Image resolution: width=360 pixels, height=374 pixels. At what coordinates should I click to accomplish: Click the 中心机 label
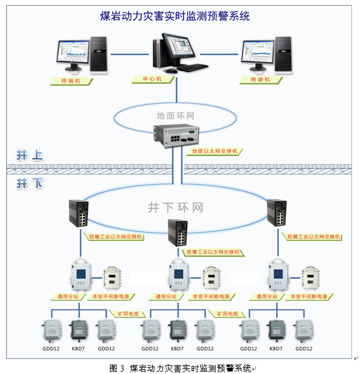click(x=153, y=79)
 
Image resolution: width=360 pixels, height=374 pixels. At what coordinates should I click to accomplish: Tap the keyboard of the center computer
click(x=192, y=67)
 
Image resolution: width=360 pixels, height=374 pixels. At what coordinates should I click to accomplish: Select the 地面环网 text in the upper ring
click(x=176, y=116)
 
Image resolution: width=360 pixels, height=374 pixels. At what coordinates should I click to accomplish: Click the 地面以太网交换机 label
click(x=215, y=151)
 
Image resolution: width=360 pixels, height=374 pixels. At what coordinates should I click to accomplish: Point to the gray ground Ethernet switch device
click(x=176, y=136)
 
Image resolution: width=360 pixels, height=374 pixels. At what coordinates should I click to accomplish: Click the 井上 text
click(x=30, y=156)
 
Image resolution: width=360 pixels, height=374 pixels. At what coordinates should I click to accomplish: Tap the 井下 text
click(x=30, y=184)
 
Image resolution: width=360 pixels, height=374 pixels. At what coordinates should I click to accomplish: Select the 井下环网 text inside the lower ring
click(x=176, y=207)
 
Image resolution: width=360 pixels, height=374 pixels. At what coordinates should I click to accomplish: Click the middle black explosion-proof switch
click(x=178, y=233)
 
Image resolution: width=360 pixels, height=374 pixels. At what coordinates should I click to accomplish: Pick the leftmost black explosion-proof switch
click(x=78, y=213)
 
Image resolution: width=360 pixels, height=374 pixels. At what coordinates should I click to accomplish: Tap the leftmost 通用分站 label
click(x=68, y=297)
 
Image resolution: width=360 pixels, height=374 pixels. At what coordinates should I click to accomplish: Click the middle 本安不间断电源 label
click(x=211, y=297)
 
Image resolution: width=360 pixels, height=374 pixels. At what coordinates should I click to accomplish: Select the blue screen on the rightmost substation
click(x=278, y=274)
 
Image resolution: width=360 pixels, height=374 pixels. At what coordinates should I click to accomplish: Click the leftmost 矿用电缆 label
click(x=128, y=314)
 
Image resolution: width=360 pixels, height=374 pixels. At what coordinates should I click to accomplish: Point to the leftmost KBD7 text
click(x=78, y=348)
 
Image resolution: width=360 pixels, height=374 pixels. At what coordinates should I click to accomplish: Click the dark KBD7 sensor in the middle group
click(x=178, y=330)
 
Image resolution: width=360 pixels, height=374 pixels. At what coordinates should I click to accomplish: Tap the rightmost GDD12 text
click(x=304, y=348)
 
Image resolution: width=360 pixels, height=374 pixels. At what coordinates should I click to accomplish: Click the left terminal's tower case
click(x=98, y=54)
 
